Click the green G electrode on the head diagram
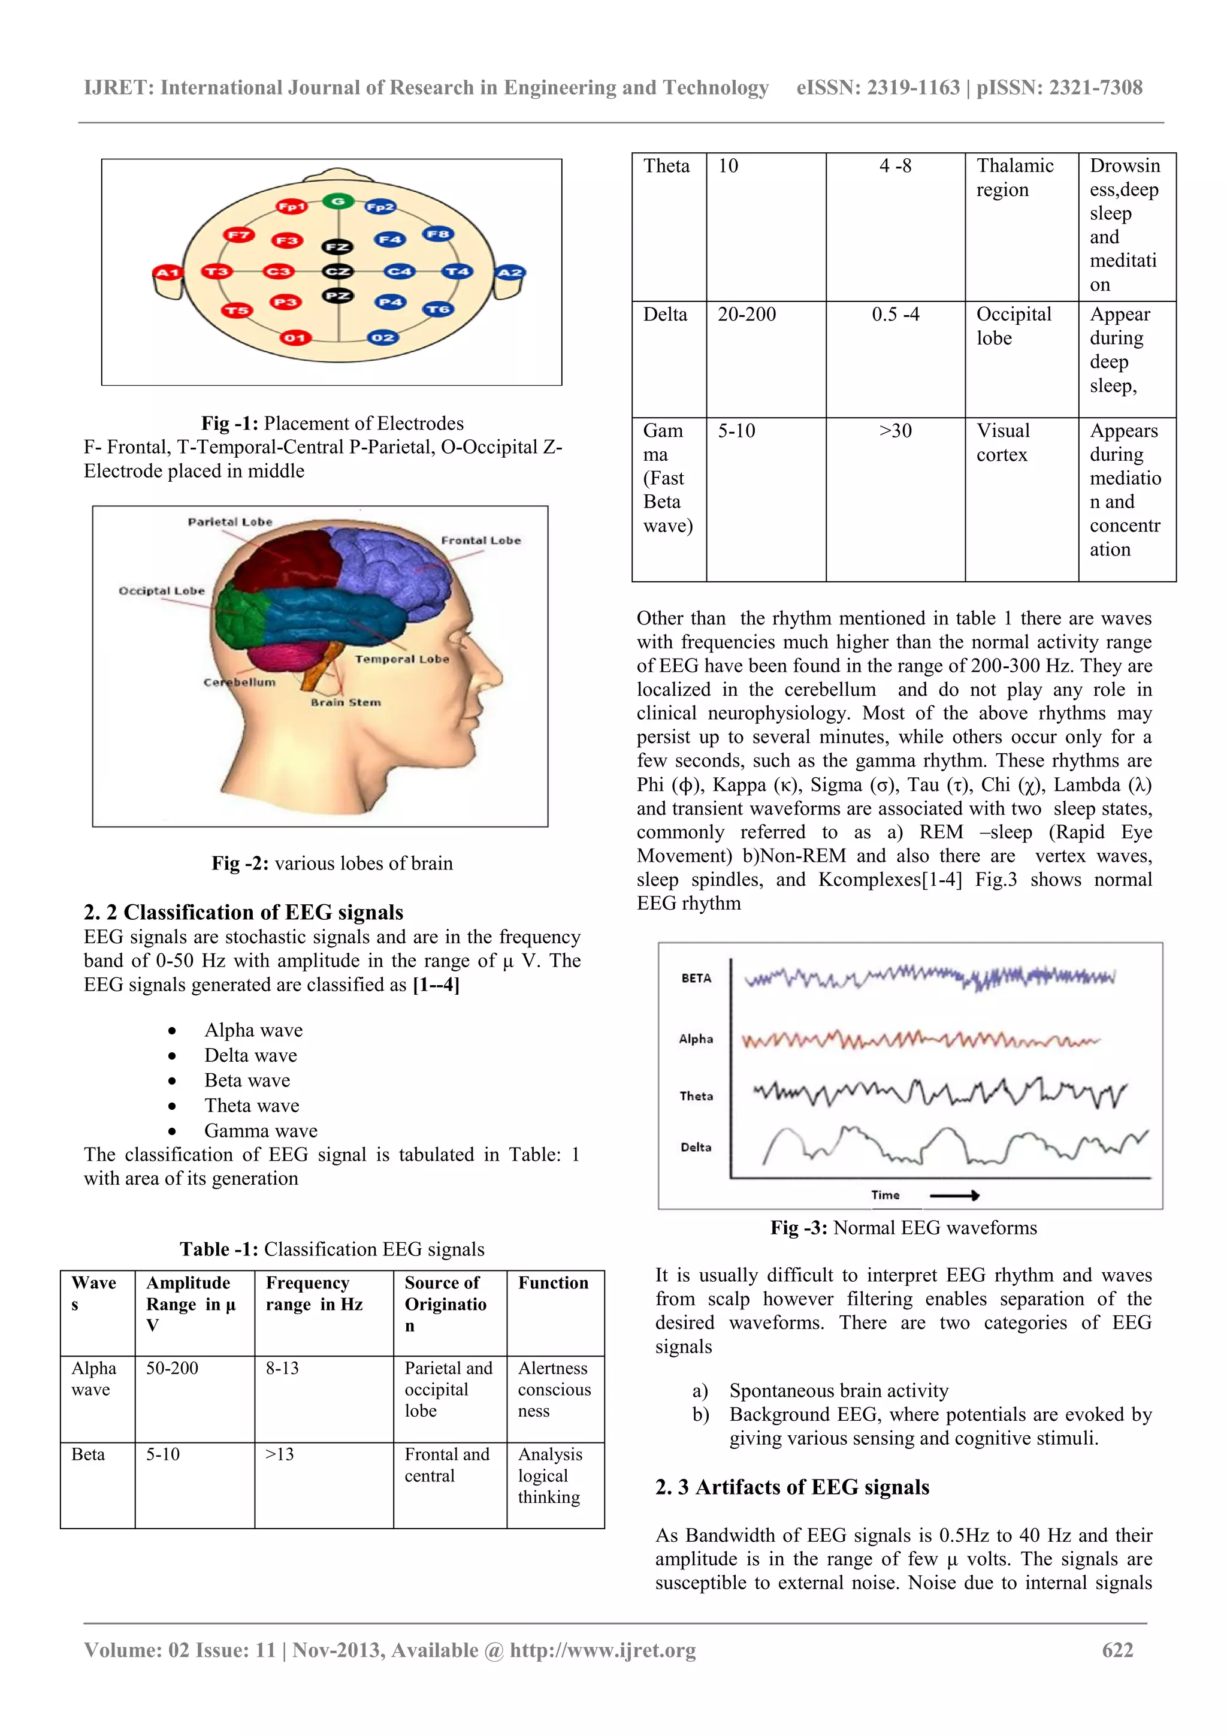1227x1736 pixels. pos(338,201)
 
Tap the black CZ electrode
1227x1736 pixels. pos(337,271)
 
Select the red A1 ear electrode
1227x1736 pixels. pos(167,272)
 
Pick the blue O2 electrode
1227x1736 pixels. pos(383,337)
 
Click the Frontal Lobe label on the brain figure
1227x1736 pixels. pos(481,541)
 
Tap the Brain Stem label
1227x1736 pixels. pos(346,702)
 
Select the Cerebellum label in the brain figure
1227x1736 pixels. pos(240,682)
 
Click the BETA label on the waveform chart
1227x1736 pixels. pos(696,979)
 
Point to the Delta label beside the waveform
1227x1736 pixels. pos(696,1147)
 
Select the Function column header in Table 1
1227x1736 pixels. pos(552,1283)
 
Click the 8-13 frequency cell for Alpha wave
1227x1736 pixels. pos(282,1369)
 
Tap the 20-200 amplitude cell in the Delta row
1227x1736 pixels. pos(746,315)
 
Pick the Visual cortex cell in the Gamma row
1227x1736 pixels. pos(1002,442)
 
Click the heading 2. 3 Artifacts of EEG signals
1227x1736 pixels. pos(791,1487)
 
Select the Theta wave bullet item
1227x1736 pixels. pos(252,1106)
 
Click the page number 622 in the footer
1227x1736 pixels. pos(1117,1650)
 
